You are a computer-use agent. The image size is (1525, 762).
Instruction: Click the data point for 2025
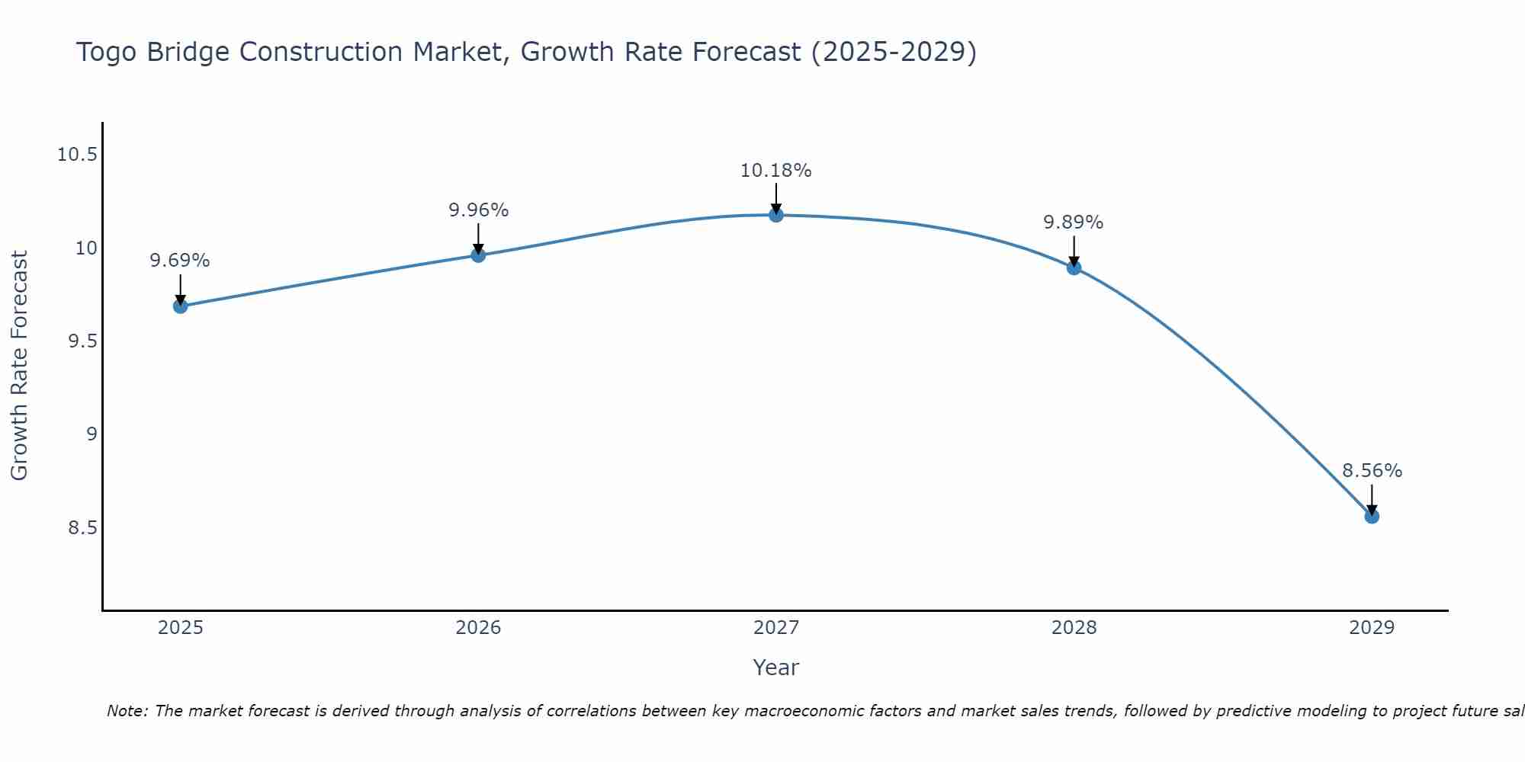pos(180,306)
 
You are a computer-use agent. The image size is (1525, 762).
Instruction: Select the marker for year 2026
pos(478,255)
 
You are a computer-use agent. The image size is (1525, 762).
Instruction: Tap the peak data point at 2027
pos(776,215)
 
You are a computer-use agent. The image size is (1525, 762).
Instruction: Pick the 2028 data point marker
pos(1074,267)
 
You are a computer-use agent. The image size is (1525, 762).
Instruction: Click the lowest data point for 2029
pos(1372,516)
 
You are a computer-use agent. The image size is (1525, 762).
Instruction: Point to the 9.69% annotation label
pos(180,261)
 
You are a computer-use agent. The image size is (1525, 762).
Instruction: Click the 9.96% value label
pos(478,210)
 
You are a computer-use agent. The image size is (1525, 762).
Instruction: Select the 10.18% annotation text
pos(776,171)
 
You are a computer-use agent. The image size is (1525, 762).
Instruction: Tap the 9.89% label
pos(1074,223)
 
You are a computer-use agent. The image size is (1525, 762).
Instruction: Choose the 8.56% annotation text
pos(1372,471)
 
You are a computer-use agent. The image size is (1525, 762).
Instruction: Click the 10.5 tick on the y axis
pos(78,155)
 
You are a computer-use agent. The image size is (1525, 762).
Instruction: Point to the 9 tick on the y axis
pos(92,434)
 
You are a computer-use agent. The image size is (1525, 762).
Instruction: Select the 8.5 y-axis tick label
pos(83,528)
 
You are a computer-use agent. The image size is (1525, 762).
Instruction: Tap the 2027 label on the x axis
pos(776,628)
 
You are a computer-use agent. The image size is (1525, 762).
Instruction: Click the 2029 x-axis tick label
pos(1372,628)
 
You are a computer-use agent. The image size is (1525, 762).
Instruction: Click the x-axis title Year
pos(776,668)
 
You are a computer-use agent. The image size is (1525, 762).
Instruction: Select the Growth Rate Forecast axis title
pos(20,366)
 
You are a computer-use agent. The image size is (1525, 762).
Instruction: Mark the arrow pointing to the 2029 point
pos(1372,499)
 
